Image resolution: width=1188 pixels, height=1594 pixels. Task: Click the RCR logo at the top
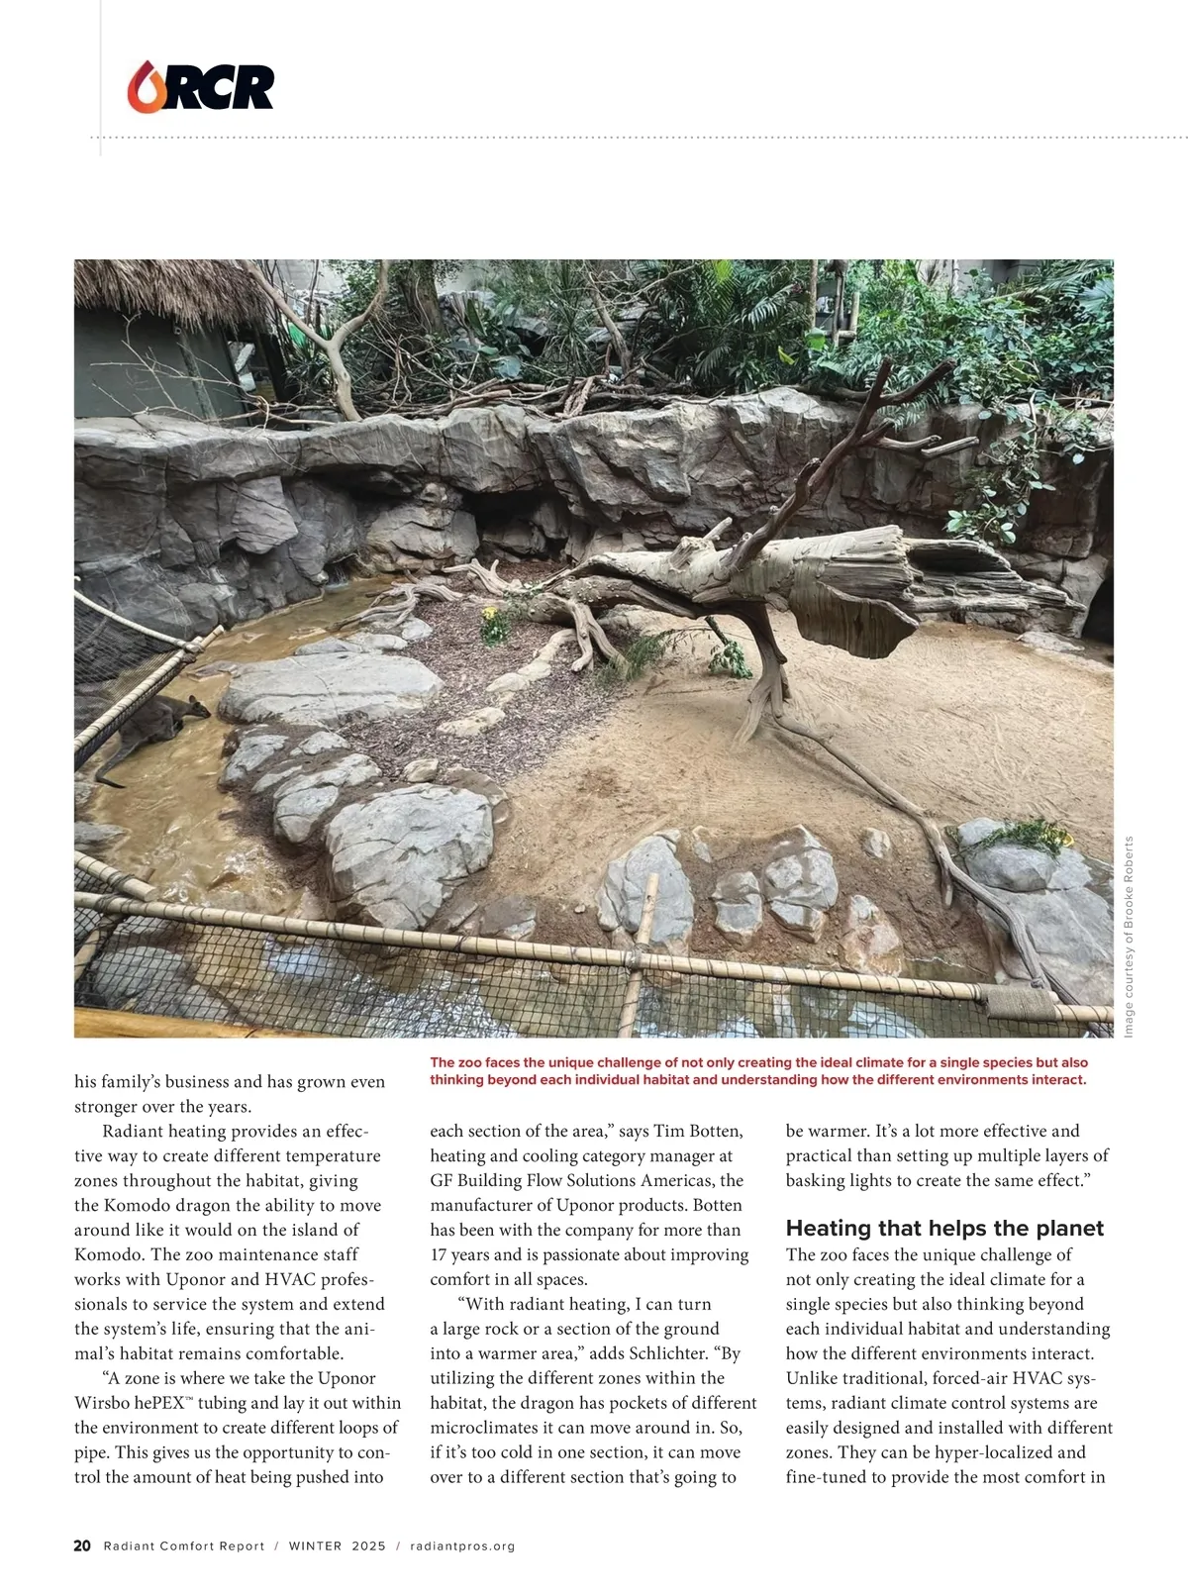[x=201, y=87]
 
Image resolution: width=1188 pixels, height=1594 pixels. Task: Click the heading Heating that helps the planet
[x=943, y=1229]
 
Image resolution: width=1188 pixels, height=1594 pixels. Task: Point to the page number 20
[x=82, y=1545]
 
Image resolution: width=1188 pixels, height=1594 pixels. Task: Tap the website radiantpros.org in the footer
[x=462, y=1545]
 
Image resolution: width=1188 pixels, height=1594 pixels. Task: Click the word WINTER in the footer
[x=315, y=1545]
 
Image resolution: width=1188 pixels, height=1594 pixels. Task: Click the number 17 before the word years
[x=440, y=1254]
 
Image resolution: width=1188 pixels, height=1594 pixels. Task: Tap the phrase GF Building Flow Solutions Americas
[x=586, y=1180]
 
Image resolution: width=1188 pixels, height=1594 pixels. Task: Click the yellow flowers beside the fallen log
[x=491, y=623]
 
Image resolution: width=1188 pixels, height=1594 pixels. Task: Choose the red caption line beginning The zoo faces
[x=757, y=1062]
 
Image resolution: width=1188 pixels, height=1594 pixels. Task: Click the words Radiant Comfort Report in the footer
[x=184, y=1545]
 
